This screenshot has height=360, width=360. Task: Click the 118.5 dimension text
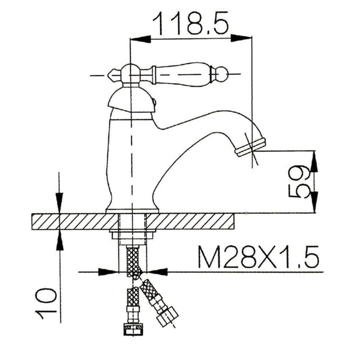tap(191, 23)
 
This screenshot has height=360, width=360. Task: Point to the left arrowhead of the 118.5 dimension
tap(140, 39)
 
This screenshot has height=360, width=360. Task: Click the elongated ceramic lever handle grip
tap(182, 75)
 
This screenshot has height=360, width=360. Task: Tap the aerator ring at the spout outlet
tap(251, 147)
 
